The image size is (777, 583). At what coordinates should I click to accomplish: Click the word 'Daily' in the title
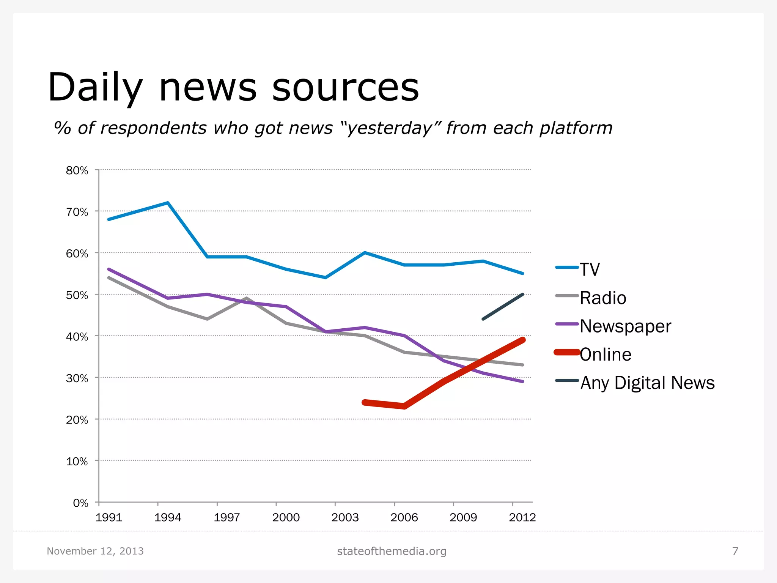click(x=95, y=88)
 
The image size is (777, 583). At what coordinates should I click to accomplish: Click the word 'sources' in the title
click(x=345, y=88)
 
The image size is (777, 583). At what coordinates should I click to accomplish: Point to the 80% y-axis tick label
click(x=77, y=170)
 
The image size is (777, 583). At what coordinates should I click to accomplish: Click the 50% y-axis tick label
click(x=77, y=295)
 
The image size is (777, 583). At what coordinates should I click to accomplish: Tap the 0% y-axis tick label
click(x=80, y=503)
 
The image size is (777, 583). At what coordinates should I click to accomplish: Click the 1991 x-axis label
click(x=109, y=517)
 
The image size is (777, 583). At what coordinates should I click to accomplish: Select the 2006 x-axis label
click(x=404, y=517)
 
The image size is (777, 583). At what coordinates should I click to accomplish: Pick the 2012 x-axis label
click(x=522, y=517)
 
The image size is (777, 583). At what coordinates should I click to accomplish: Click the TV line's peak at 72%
click(x=168, y=203)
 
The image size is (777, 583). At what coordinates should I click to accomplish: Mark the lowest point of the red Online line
click(x=404, y=406)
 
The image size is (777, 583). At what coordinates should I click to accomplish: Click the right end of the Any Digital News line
click(x=523, y=295)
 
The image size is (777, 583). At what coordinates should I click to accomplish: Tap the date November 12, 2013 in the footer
click(x=95, y=551)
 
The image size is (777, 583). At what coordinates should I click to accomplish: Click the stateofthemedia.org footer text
click(x=392, y=551)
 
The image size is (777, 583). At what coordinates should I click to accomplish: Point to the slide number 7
click(x=735, y=551)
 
